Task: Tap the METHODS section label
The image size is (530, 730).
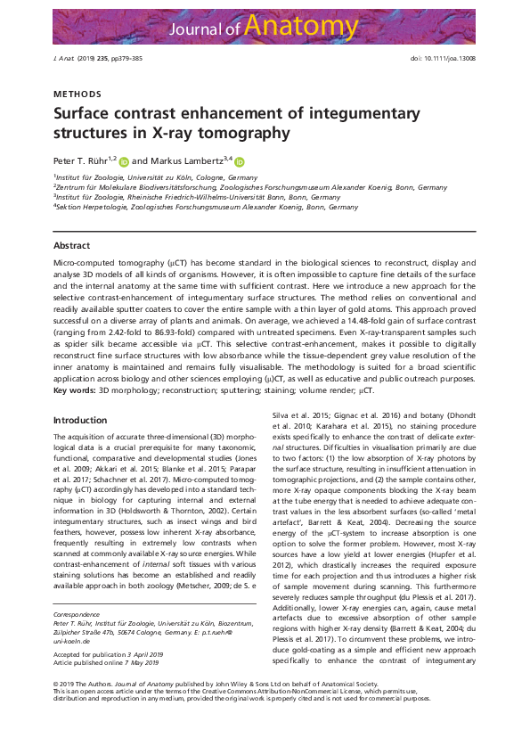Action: [77, 94]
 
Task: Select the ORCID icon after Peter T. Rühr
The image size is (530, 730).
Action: [123, 162]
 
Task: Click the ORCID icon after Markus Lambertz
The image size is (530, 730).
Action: [240, 162]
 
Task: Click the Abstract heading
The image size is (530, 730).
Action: [71, 244]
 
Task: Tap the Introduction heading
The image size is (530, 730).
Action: [80, 420]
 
